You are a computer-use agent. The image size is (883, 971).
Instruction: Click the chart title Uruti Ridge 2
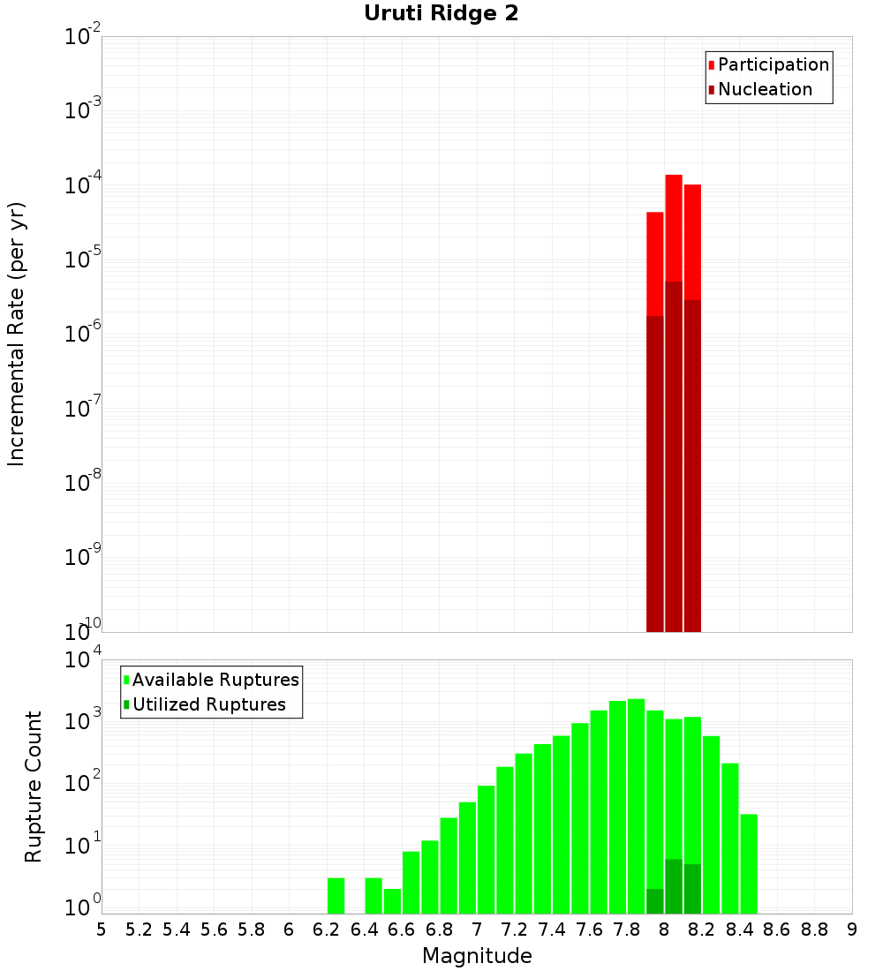(441, 13)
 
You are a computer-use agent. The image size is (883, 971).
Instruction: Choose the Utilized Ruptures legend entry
(208, 704)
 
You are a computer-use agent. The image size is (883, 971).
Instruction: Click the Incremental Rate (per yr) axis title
(16, 334)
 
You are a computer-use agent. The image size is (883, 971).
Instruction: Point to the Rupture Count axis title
(34, 787)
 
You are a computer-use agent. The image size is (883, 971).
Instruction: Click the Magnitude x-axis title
(477, 956)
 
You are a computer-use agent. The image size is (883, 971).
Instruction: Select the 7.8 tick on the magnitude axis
(627, 930)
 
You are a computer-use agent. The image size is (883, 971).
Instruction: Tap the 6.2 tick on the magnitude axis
(327, 930)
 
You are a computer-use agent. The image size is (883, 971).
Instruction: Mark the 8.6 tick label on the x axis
(777, 930)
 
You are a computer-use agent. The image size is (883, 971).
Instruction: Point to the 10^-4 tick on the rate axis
(83, 184)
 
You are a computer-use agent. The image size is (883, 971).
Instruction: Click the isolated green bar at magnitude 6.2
(336, 895)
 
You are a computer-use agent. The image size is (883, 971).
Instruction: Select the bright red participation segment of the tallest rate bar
(674, 228)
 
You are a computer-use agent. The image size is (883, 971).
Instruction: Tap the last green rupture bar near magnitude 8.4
(749, 863)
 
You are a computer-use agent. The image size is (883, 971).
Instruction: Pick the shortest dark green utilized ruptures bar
(654, 900)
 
